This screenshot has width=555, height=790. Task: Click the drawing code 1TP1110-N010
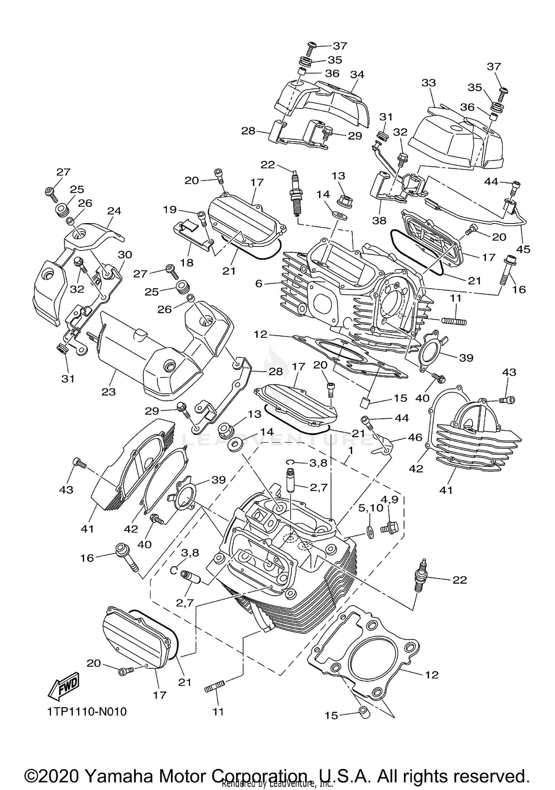(87, 711)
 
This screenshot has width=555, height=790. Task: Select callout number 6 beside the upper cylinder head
(259, 283)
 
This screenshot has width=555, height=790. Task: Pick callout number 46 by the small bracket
(414, 437)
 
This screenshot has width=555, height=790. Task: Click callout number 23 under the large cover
(109, 391)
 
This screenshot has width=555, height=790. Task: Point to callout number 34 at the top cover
(357, 74)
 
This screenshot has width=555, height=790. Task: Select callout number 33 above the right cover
(429, 83)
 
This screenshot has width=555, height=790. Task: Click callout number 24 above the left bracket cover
(114, 211)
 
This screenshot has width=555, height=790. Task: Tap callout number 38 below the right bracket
(379, 221)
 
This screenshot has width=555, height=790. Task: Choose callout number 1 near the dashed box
(350, 451)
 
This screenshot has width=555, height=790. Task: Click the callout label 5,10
(370, 508)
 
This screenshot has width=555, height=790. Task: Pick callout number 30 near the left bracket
(125, 255)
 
